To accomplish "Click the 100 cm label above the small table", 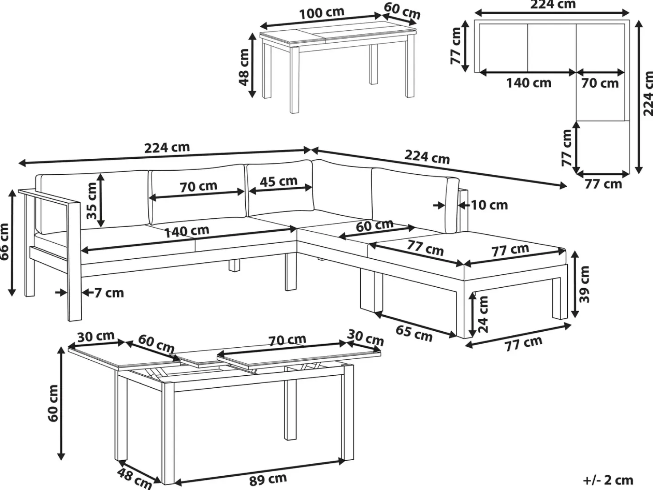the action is click(x=322, y=13).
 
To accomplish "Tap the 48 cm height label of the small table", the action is click(x=244, y=67).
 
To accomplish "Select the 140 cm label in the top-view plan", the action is click(x=529, y=83).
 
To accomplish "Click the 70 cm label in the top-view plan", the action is click(x=600, y=83).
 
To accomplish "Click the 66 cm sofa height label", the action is click(x=5, y=242).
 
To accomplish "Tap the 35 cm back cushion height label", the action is click(x=92, y=201).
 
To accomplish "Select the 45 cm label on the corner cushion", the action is click(x=279, y=181).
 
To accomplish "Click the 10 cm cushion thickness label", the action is click(x=490, y=205).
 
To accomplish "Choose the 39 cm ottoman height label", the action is click(x=584, y=284).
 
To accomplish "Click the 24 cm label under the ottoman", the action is click(x=483, y=314).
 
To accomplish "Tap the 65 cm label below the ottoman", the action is click(x=414, y=333).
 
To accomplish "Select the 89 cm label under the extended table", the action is click(x=268, y=479).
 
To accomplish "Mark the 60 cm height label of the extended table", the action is click(x=53, y=403).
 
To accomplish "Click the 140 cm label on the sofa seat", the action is click(x=187, y=232).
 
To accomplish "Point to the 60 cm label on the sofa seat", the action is click(x=375, y=226).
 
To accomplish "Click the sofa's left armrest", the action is click(x=49, y=197).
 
